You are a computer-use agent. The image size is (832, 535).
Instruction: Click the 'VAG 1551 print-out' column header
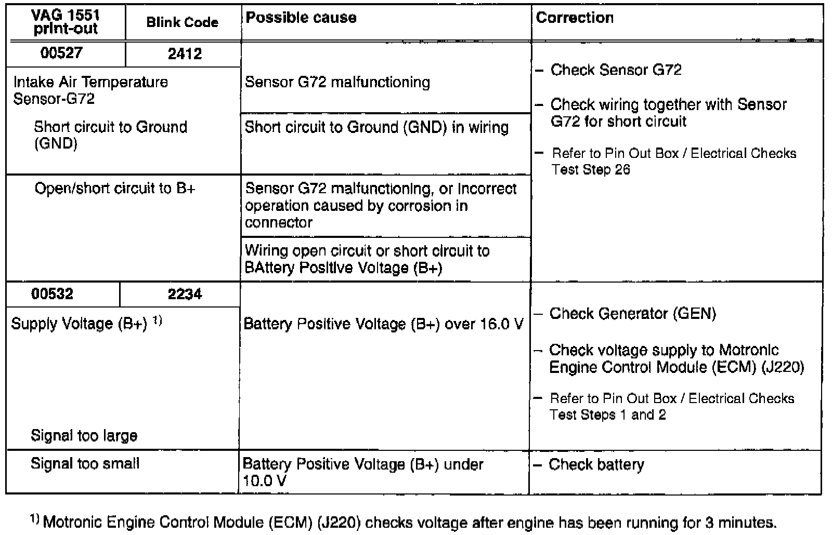point(66,22)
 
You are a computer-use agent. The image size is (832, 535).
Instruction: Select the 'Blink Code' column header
point(182,22)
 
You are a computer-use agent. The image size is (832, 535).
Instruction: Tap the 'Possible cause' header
point(301,18)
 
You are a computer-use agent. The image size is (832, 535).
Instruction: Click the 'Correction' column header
point(575,18)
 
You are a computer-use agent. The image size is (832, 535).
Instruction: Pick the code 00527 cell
point(61,53)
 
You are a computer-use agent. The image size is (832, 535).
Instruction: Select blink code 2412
point(185,53)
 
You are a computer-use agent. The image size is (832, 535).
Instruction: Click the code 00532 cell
point(52,294)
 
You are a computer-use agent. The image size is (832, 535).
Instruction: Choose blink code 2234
point(185,295)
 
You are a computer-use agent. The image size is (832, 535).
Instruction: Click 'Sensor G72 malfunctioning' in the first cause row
point(337,82)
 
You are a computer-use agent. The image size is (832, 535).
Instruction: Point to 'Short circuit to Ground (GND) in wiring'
point(376,127)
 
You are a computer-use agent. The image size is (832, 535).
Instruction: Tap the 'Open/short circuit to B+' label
point(115,188)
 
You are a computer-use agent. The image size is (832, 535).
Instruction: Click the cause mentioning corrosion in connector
point(381,206)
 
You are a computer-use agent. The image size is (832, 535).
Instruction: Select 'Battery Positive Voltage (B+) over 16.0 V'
point(383,324)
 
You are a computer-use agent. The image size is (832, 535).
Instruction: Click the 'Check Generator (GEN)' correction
point(632,314)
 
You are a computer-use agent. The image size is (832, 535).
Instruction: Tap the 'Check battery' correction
point(596,464)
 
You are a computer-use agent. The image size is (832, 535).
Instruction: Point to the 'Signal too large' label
point(84,435)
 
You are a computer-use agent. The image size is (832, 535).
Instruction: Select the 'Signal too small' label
point(85,463)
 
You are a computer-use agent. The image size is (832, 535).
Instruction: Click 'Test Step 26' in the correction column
point(591,170)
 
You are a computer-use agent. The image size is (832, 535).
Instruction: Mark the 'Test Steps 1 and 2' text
point(607,415)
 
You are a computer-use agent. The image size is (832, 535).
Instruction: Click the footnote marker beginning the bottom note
point(35,519)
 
